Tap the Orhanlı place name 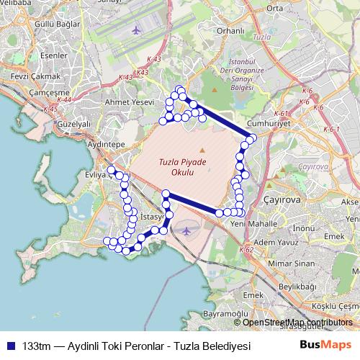coord(231,31)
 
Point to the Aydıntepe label coord(106,144)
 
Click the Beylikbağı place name coord(297,287)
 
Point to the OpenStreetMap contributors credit coord(297,323)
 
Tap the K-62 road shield coord(245,250)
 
